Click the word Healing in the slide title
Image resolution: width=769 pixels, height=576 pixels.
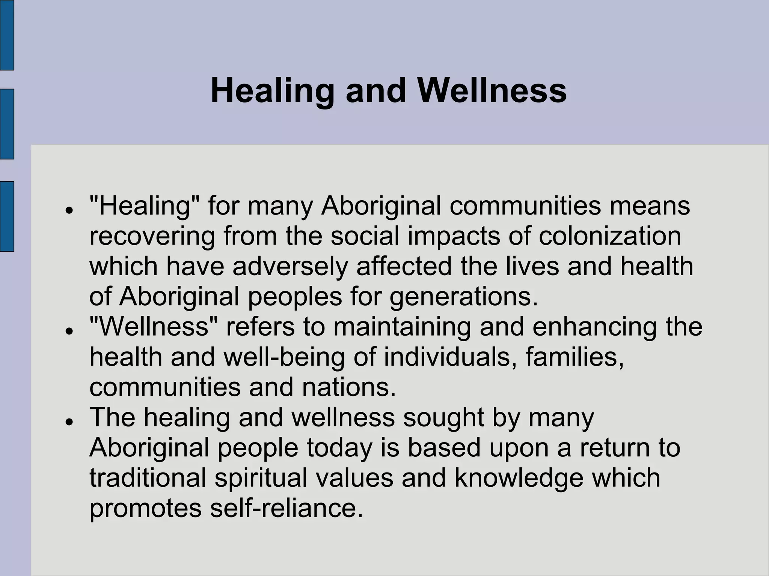(x=272, y=91)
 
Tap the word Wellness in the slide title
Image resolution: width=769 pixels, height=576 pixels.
(x=492, y=91)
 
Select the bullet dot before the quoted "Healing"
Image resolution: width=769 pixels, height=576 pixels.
(x=68, y=210)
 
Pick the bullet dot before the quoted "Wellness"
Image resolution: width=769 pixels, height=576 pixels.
(x=68, y=331)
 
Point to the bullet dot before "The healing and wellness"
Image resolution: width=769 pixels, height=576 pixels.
(x=68, y=421)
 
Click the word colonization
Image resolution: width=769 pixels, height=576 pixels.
(x=610, y=236)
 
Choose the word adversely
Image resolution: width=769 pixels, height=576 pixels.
(x=290, y=266)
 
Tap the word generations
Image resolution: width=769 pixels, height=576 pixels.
(x=464, y=297)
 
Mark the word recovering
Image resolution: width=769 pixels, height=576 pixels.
(x=152, y=236)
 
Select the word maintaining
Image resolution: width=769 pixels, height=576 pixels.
(x=402, y=327)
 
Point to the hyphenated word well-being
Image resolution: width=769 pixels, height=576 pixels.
(x=284, y=357)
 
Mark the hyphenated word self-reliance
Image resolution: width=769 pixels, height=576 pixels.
(x=286, y=508)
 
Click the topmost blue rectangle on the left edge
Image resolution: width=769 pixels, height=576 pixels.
(x=7, y=35)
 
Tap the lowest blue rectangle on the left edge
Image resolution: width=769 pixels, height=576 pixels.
(x=7, y=216)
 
